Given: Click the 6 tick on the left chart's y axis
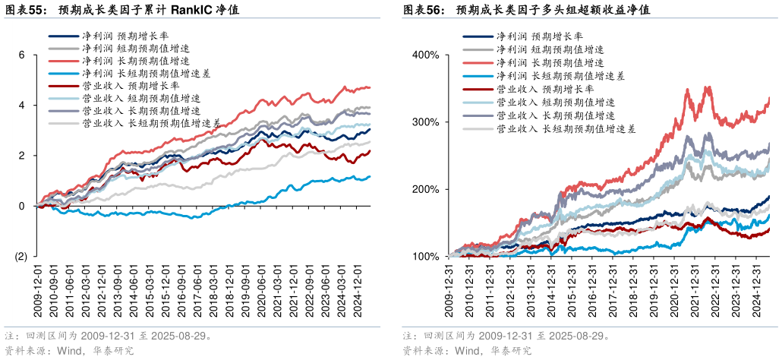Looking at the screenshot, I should click(22, 55).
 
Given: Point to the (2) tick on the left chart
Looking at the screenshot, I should click(20, 256).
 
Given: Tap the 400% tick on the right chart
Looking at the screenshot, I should click(426, 55).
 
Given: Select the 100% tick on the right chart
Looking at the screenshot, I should click(426, 257).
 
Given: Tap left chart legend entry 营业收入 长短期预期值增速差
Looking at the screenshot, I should click(151, 123).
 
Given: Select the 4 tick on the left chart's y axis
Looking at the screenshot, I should click(22, 105).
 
